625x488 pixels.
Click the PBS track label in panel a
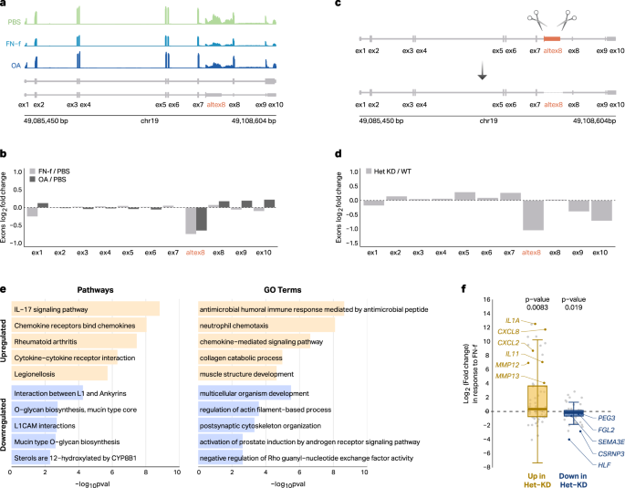pos(13,19)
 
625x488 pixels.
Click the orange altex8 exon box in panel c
pos(551,39)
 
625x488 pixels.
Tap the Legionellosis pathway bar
pos(58,372)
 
